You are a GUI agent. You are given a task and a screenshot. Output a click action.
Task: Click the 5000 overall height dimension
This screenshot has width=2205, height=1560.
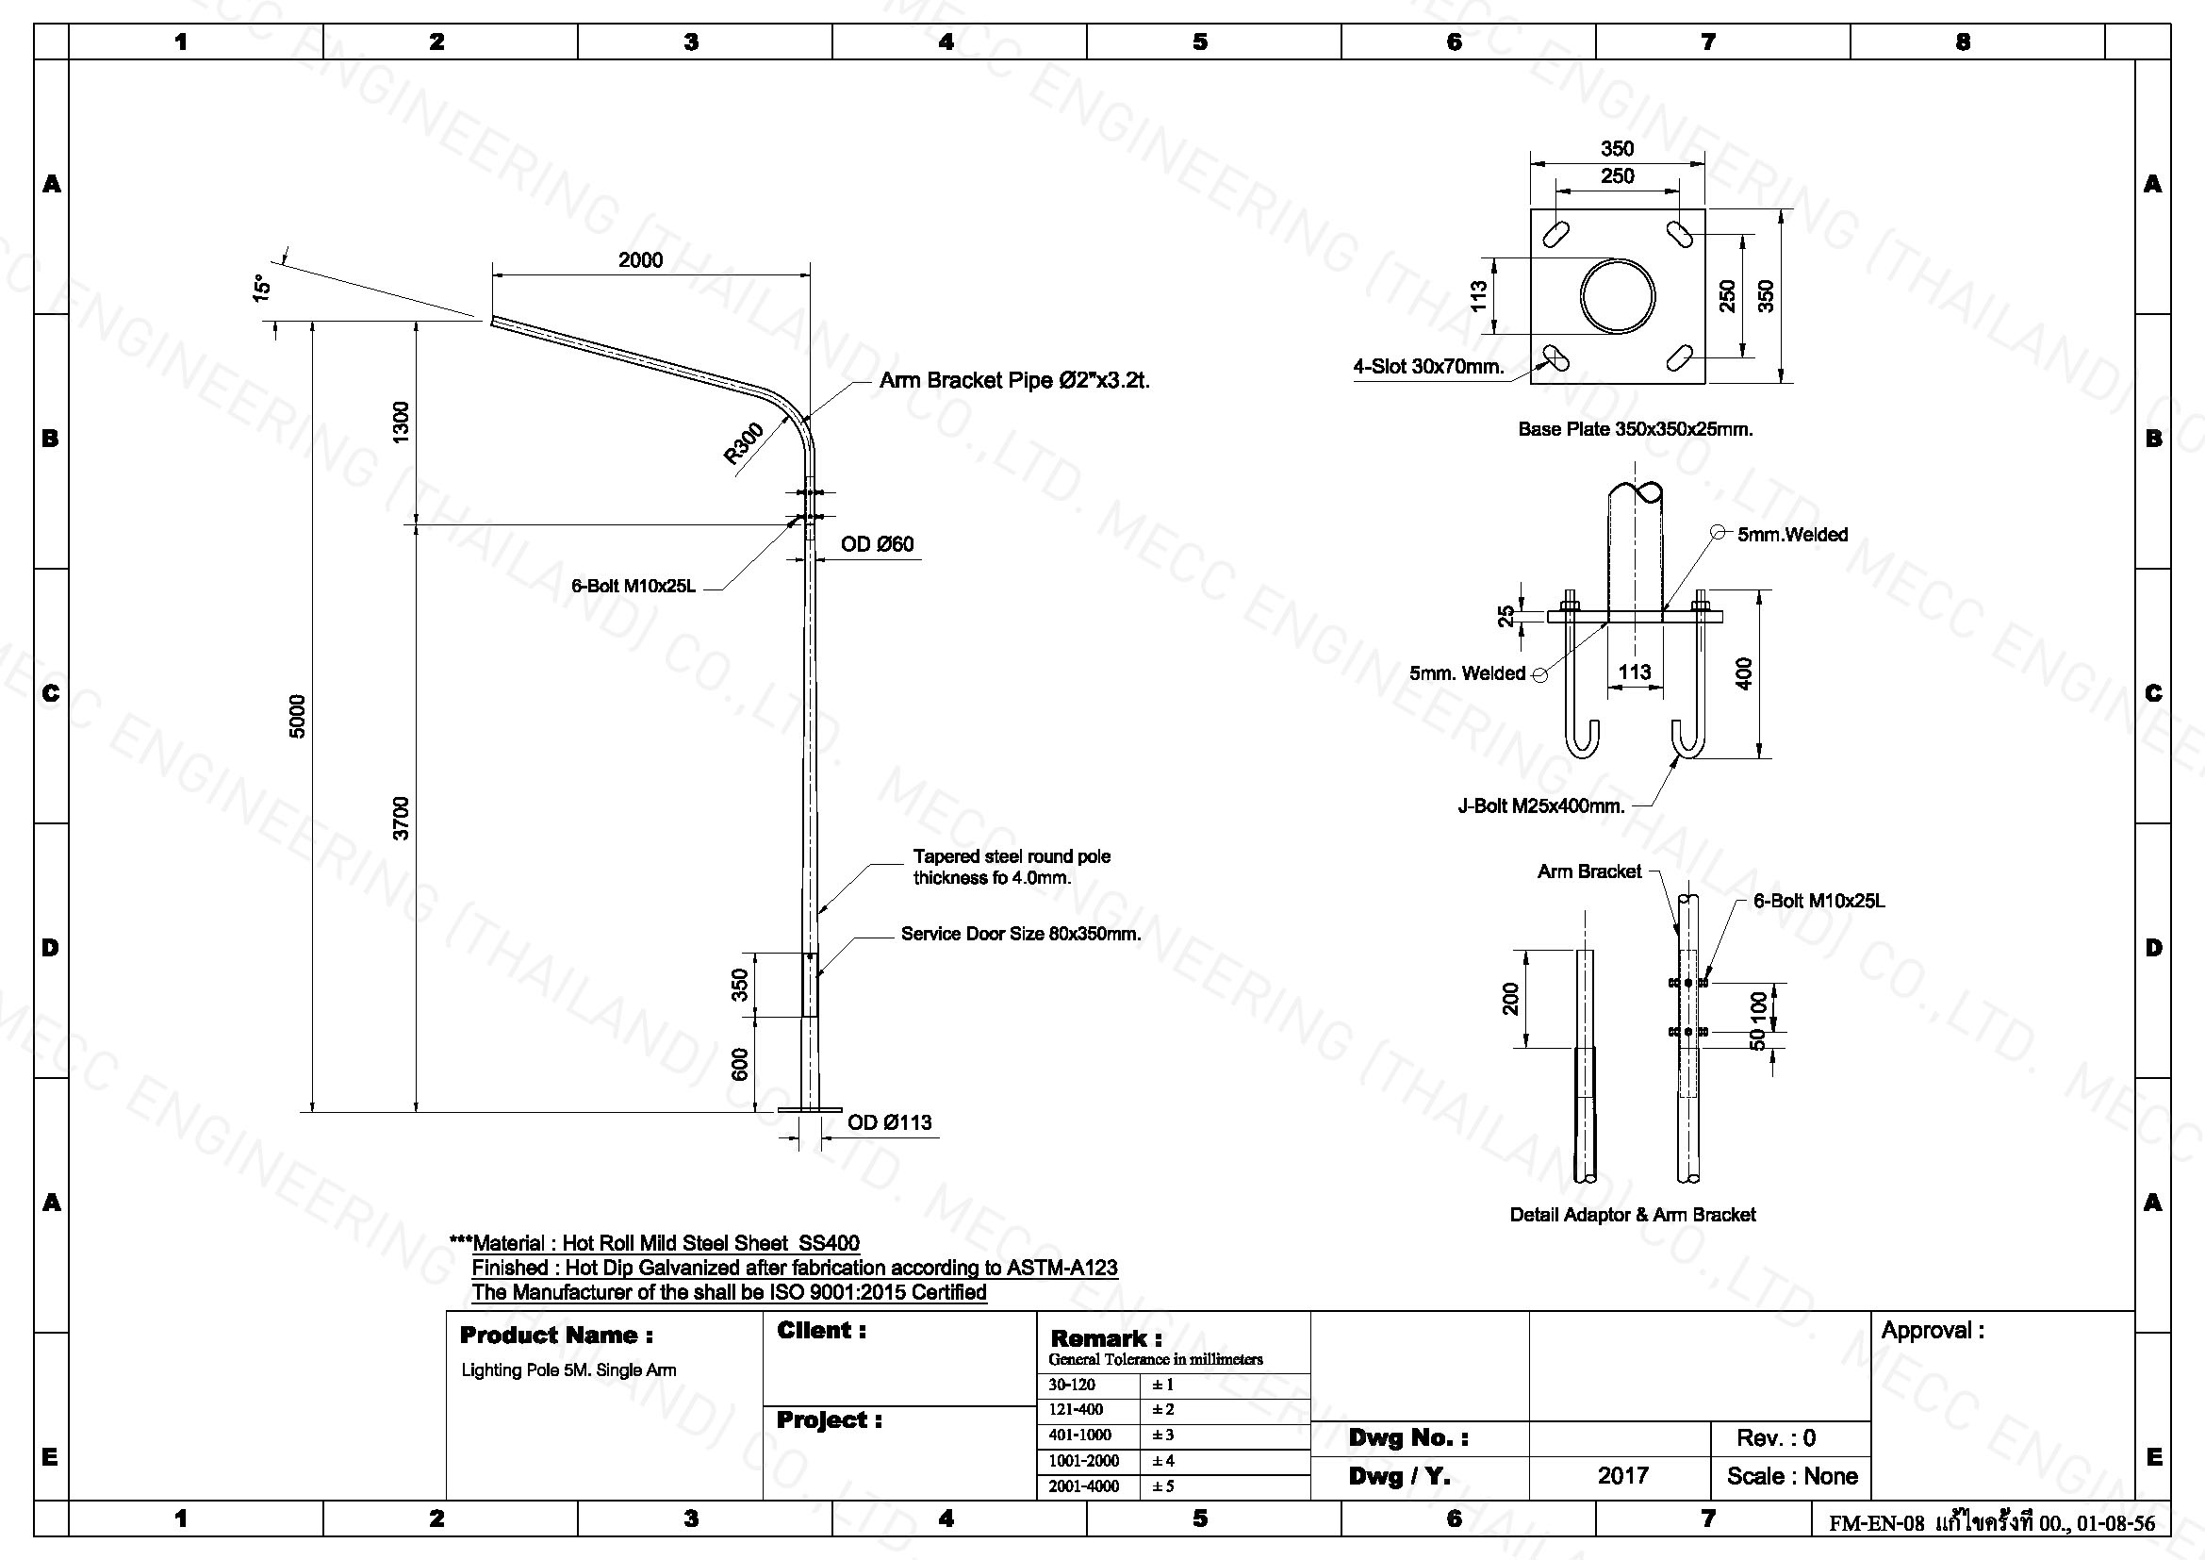[x=298, y=716]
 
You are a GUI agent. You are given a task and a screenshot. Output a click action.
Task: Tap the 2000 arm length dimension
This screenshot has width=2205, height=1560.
[x=640, y=259]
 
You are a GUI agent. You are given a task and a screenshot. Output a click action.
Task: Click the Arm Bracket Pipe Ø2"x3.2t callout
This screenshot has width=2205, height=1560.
[x=1014, y=380]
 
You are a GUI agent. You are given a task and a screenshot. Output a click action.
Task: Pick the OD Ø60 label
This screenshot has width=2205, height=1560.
[x=877, y=544]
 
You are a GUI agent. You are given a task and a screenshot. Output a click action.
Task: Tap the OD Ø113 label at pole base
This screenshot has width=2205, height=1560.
[x=889, y=1122]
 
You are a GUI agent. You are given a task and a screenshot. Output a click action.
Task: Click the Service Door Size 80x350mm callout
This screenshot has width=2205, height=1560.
[x=1021, y=934]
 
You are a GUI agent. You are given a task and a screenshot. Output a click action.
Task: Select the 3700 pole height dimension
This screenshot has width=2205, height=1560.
[x=402, y=819]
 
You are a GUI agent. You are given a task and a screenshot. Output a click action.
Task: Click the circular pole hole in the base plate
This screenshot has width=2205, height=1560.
[x=1619, y=296]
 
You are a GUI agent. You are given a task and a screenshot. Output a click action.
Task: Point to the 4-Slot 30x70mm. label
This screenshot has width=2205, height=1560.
[x=1428, y=366]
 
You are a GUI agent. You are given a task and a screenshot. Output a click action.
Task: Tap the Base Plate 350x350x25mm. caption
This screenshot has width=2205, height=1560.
[x=1636, y=429]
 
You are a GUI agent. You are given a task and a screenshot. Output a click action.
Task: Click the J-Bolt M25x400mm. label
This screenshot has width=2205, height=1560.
[x=1541, y=805]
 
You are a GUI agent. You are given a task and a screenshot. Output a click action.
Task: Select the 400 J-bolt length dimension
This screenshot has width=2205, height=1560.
[x=1745, y=672]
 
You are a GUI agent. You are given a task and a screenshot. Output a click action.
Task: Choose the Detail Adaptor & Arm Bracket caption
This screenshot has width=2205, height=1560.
[x=1633, y=1214]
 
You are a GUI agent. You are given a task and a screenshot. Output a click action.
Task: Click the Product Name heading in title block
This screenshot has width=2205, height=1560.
[x=557, y=1336]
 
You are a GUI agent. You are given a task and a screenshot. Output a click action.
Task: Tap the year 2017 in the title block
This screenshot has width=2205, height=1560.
[x=1623, y=1475]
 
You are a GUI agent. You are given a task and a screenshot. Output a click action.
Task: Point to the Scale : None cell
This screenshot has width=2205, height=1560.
[x=1792, y=1475]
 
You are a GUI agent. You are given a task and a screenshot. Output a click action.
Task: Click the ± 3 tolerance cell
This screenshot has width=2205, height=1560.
[x=1163, y=1435]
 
